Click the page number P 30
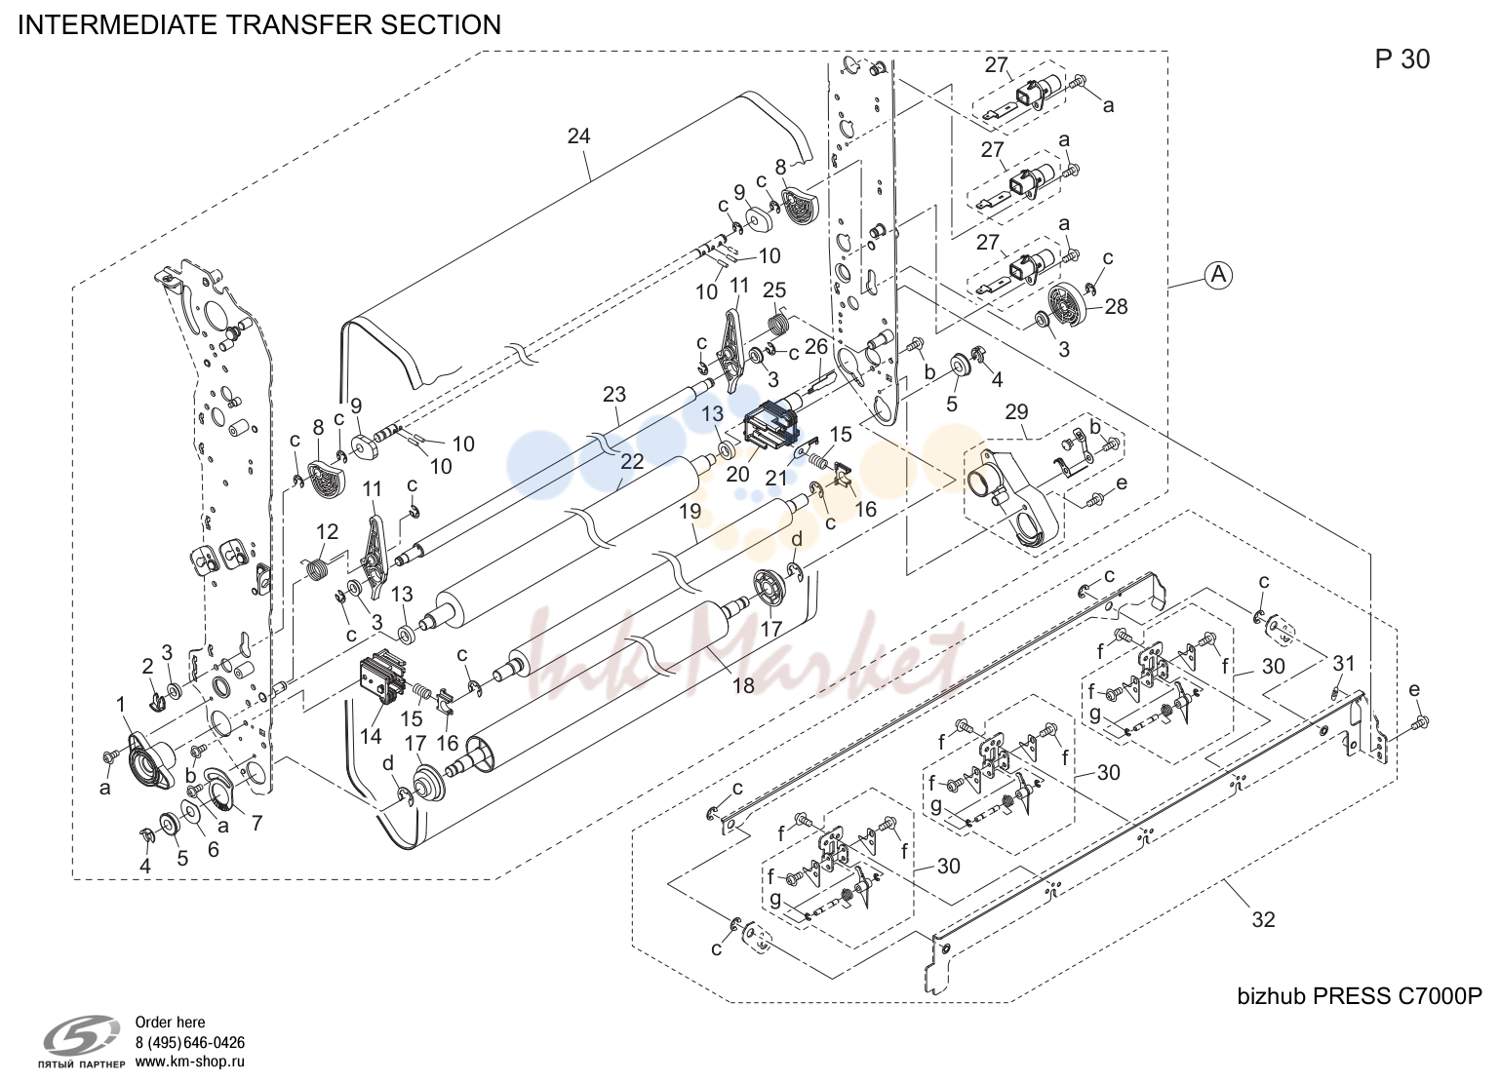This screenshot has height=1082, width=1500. (x=1402, y=59)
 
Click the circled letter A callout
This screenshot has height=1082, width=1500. (x=1219, y=274)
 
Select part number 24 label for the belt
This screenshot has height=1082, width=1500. (x=578, y=135)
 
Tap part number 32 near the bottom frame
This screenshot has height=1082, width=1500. (x=1263, y=919)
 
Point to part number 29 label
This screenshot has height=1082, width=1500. (x=1016, y=411)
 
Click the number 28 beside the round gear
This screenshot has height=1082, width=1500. (x=1116, y=306)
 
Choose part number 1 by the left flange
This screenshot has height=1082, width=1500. (x=121, y=704)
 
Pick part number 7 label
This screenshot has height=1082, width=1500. (x=257, y=823)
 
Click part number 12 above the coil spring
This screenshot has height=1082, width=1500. (x=327, y=531)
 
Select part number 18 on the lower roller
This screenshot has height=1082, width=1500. (x=743, y=685)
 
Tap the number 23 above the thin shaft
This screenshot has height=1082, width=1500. (x=613, y=394)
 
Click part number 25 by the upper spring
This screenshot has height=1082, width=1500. (x=774, y=290)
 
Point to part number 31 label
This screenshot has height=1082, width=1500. (x=1343, y=663)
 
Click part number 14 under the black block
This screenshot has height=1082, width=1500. (x=371, y=736)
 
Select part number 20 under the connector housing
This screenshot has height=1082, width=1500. (x=737, y=474)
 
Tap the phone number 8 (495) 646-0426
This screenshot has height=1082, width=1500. (x=189, y=1042)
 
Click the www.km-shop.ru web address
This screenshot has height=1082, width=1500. (x=189, y=1062)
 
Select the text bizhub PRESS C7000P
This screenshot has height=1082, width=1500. (x=1360, y=996)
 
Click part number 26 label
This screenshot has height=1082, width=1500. (x=816, y=346)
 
